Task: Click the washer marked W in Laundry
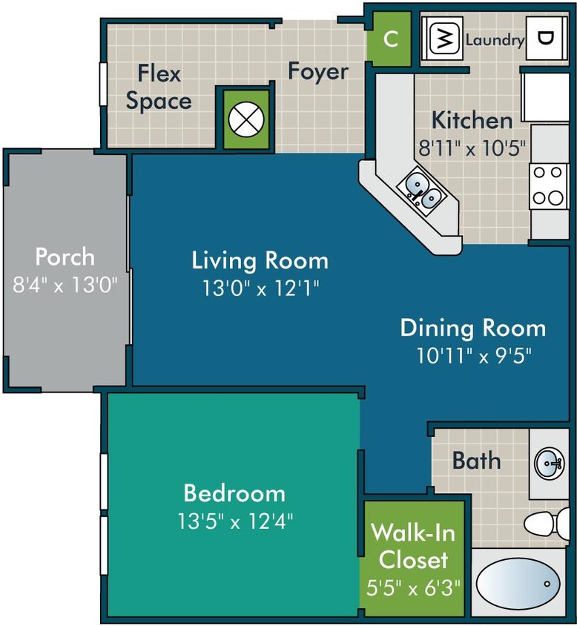pos(443,40)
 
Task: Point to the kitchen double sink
pos(421,190)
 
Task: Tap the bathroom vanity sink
pos(550,464)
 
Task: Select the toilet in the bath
pos(549,522)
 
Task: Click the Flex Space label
pos(158,88)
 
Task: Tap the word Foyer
pos(317,72)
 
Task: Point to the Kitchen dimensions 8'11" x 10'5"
pos(472,146)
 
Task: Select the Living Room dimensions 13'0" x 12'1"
pos(260,288)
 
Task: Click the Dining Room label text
pos(472,327)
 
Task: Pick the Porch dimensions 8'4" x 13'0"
pos(65,284)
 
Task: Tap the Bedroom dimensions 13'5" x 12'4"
pos(234,521)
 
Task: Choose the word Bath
pos(476,461)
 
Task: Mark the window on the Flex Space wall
pos(103,87)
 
